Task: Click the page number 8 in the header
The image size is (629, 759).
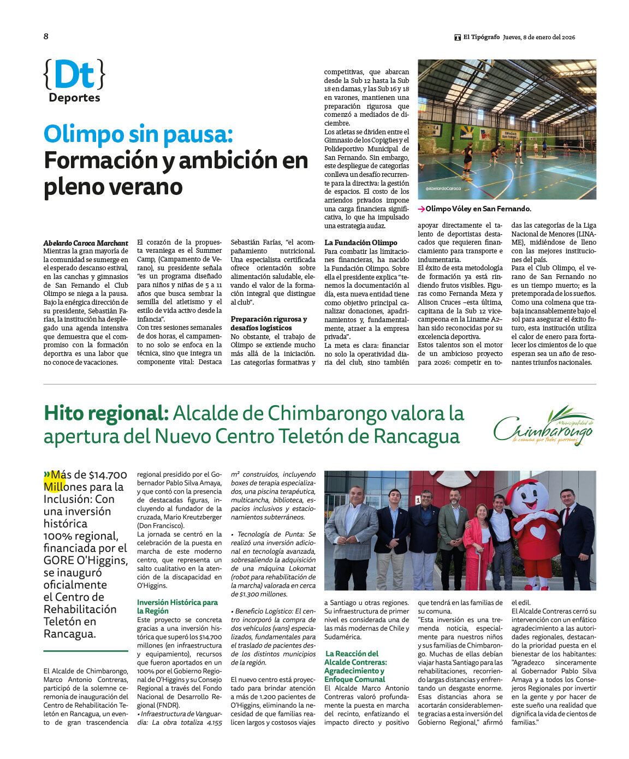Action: point(46,37)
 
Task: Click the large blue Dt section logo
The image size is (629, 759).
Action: point(74,75)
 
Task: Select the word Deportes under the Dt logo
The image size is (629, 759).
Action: point(74,98)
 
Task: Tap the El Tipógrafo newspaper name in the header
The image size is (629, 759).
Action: point(481,37)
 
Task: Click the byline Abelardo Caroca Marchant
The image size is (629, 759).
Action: point(86,243)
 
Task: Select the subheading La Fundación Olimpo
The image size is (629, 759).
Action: point(361,242)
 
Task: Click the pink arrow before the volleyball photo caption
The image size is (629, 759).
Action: point(422,209)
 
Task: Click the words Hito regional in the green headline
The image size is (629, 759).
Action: point(106,413)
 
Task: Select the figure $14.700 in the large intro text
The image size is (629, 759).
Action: point(108,475)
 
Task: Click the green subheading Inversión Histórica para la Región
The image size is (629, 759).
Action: point(177,606)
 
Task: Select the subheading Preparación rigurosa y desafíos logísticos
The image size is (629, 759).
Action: point(269,323)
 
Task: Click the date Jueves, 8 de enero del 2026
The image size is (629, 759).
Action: point(539,37)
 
